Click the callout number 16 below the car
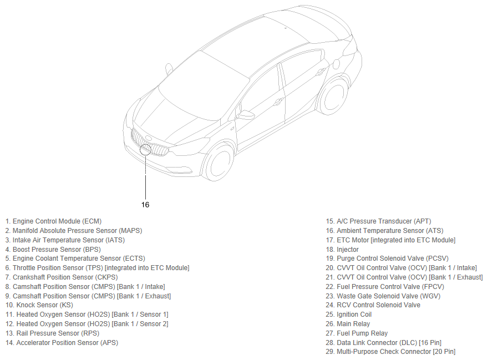coord(145,205)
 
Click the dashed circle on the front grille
coord(146,149)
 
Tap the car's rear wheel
coord(333,96)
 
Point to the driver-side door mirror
coord(245,115)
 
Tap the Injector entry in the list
coord(348,250)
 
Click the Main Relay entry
coord(353,324)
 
